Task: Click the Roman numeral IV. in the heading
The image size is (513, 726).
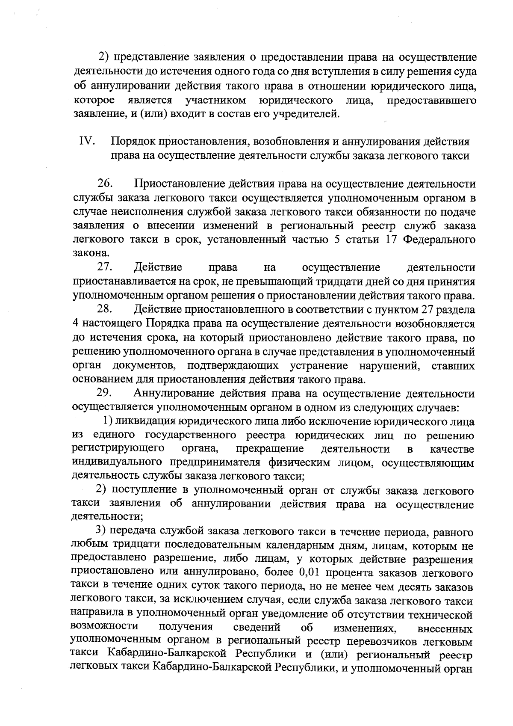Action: click(x=87, y=142)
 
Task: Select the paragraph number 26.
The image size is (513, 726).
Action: click(x=105, y=184)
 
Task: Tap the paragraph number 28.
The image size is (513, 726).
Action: click(x=105, y=309)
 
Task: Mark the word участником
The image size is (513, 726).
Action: click(x=216, y=101)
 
